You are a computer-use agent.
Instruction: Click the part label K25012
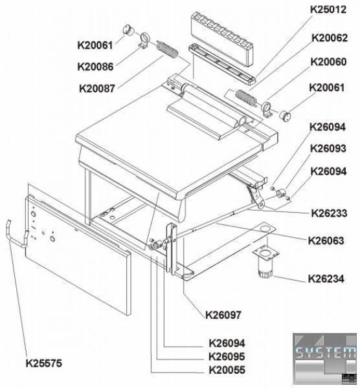[328, 10]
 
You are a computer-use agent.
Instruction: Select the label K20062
[330, 38]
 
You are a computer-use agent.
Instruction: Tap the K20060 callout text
[328, 61]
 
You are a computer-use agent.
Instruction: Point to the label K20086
[95, 67]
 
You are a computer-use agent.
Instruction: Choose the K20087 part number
[97, 89]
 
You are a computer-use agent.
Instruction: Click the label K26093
[328, 149]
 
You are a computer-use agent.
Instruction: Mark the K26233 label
[329, 213]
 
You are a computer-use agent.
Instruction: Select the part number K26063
[326, 241]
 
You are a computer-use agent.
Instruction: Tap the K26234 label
[326, 279]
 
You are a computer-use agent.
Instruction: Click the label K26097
[223, 315]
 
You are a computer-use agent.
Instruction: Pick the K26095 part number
[227, 356]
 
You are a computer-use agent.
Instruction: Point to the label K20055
[227, 370]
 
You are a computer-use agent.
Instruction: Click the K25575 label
[44, 363]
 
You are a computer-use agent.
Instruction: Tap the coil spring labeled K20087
[168, 50]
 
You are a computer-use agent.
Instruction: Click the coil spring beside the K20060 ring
[245, 97]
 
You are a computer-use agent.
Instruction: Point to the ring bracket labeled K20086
[144, 40]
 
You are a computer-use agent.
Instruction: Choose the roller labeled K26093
[281, 193]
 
